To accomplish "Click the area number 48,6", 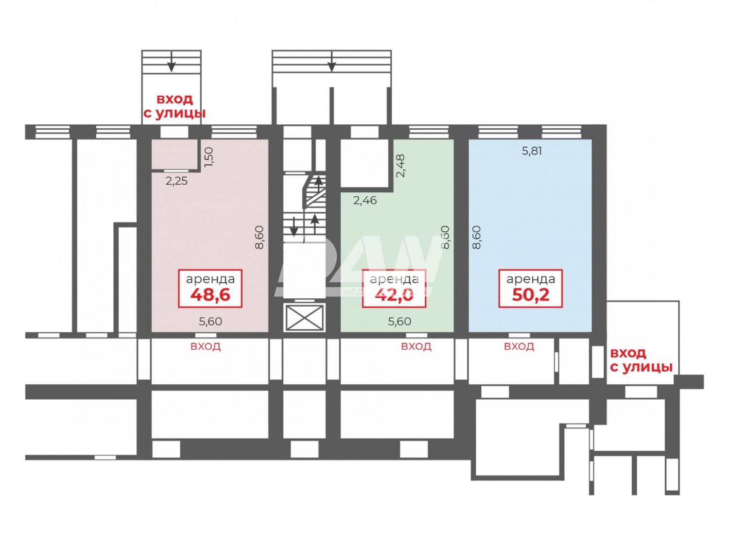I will tap(210, 295).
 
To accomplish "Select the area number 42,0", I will tap(394, 294).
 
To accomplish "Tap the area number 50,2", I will tap(530, 295).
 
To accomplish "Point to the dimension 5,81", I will tap(532, 151).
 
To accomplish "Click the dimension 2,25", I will tap(176, 181).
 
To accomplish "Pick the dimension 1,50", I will tap(208, 157).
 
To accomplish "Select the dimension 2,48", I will tap(400, 166).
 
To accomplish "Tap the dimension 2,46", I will tap(365, 200).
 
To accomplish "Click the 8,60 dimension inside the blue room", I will tap(477, 238).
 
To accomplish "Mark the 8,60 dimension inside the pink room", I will tap(260, 238).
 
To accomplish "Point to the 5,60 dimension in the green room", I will tap(399, 322).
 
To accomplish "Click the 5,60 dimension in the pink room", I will tap(210, 322).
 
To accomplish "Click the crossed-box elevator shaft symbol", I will tap(305, 318).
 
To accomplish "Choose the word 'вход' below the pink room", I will tap(205, 346).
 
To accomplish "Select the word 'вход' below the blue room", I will tap(519, 346).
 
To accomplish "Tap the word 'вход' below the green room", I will tap(416, 346).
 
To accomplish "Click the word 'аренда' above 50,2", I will tap(530, 279).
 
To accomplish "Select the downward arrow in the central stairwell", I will tap(294, 227).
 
